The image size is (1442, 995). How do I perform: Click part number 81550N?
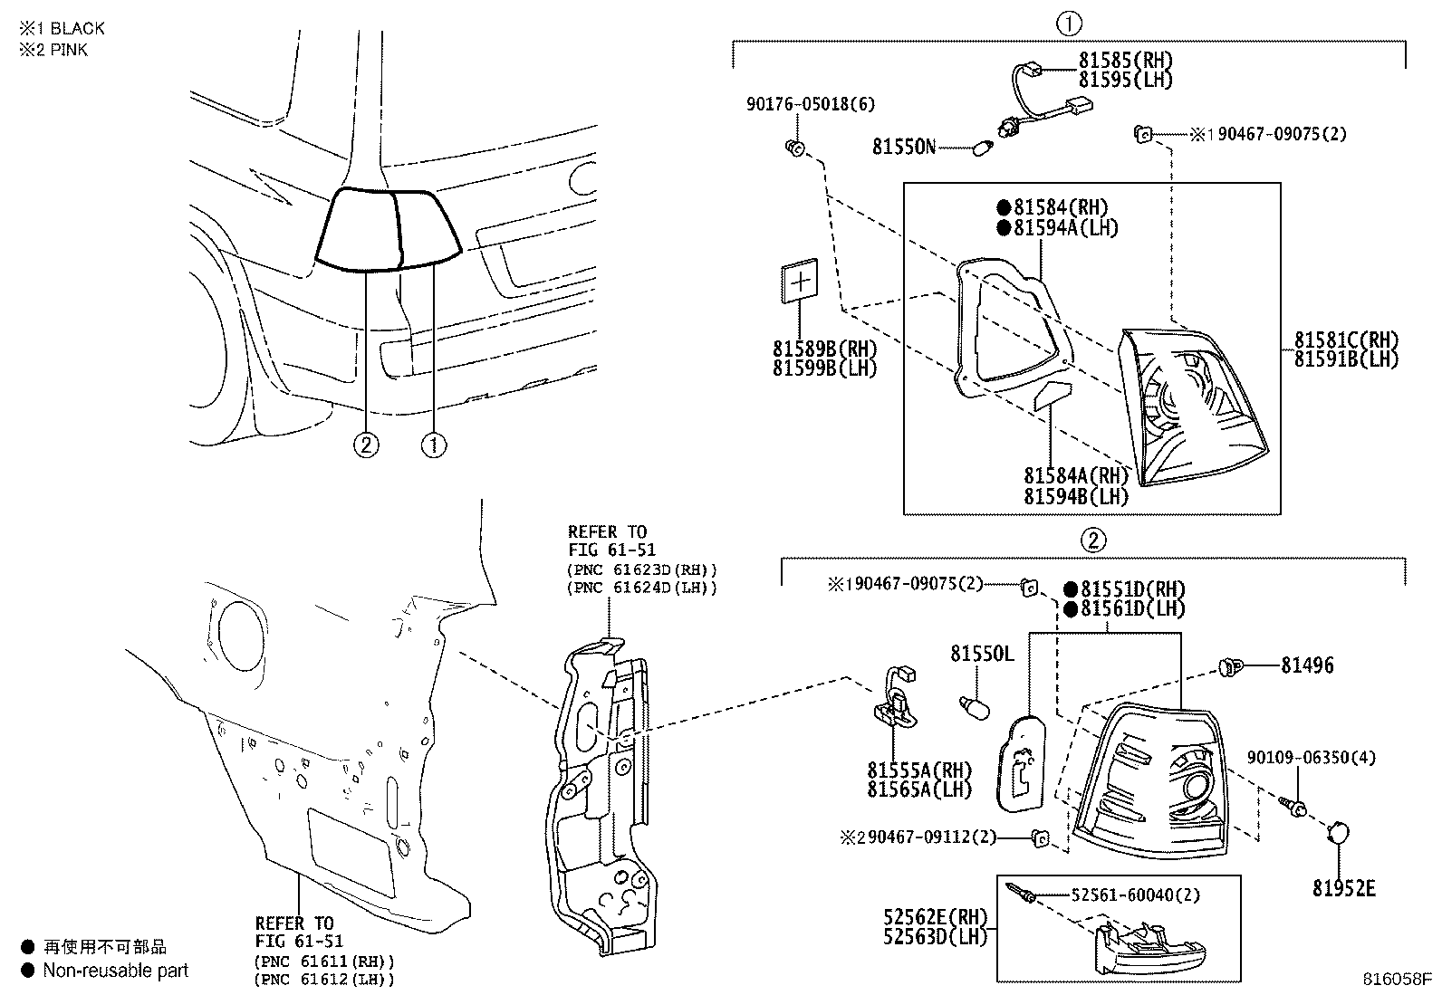(903, 146)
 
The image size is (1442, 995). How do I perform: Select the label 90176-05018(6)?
(810, 105)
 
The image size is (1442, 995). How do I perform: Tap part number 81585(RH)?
(1125, 61)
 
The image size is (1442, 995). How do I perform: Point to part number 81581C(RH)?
(1346, 340)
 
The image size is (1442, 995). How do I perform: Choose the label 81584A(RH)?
(1076, 476)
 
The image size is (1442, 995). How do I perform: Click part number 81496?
(1307, 665)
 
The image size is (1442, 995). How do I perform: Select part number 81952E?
(1344, 888)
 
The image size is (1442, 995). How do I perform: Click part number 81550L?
(982, 654)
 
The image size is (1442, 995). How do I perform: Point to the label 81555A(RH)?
(918, 770)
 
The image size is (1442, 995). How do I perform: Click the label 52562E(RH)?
(935, 917)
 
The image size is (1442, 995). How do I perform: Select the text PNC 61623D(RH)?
(642, 570)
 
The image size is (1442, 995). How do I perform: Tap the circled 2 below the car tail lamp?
(366, 445)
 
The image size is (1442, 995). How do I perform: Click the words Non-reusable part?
(116, 971)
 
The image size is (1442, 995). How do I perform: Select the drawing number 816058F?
(1399, 980)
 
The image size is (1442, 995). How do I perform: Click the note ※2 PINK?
(54, 50)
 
